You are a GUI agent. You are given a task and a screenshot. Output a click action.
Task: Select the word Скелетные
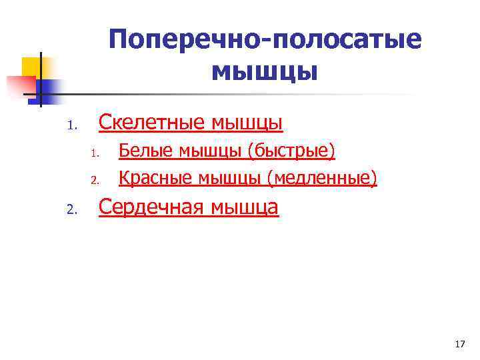pos(151,123)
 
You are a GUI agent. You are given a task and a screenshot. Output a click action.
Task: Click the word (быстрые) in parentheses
pos(291,151)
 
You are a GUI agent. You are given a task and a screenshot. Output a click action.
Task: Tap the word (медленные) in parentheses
pos(322,178)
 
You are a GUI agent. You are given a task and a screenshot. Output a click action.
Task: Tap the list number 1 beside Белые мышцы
pos(95,154)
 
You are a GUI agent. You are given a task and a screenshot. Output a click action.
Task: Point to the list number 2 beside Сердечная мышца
pos(73,211)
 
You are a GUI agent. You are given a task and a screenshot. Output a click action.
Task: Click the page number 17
pos(459,344)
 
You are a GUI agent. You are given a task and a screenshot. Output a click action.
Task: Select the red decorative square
pos(20,85)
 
